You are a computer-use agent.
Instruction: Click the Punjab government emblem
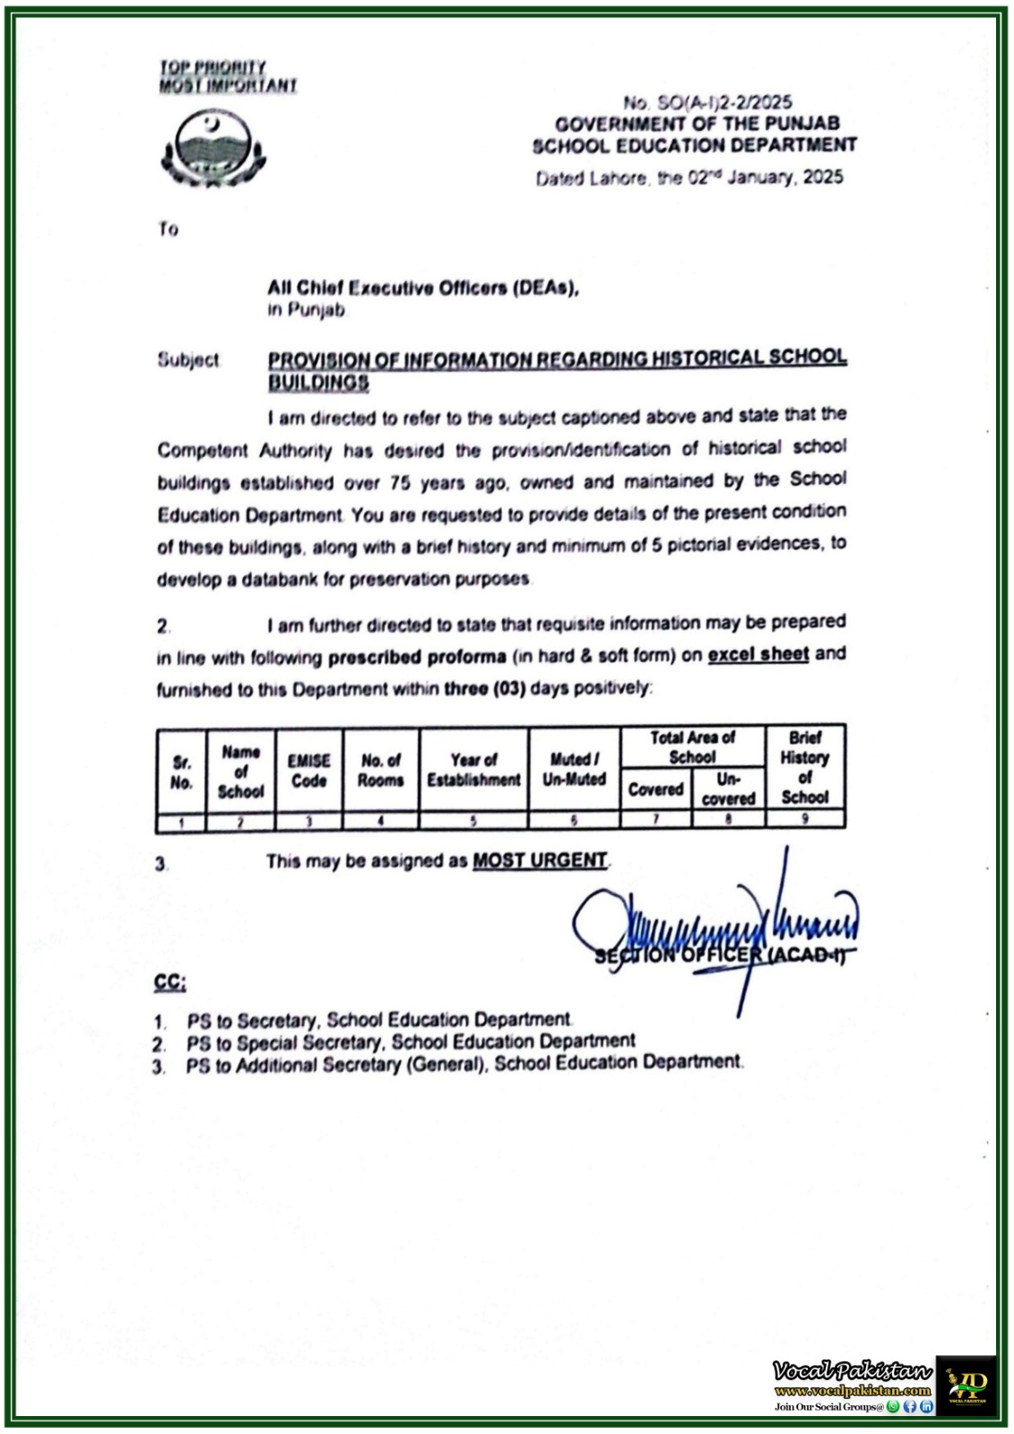coord(212,148)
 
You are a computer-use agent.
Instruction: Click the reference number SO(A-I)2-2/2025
coord(707,103)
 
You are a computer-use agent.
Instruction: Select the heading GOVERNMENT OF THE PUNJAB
coord(697,124)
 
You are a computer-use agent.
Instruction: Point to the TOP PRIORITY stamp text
coord(212,67)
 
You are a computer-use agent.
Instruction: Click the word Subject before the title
coord(188,360)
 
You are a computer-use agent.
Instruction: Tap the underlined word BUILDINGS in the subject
coord(318,383)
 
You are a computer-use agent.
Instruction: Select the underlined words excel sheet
coord(758,654)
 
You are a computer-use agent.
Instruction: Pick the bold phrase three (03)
coord(485,688)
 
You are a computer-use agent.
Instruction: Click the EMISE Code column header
coord(308,771)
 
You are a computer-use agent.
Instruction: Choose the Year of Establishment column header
coord(473,771)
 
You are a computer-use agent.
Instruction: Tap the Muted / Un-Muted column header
coord(574,770)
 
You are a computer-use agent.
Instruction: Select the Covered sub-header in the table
coord(655,790)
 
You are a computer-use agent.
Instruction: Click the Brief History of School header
coord(804,767)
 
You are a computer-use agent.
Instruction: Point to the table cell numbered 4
coord(380,820)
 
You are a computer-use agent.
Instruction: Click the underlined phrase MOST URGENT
coord(540,860)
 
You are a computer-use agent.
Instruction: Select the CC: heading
coord(169,983)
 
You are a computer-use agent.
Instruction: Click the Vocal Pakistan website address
coord(852,1392)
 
